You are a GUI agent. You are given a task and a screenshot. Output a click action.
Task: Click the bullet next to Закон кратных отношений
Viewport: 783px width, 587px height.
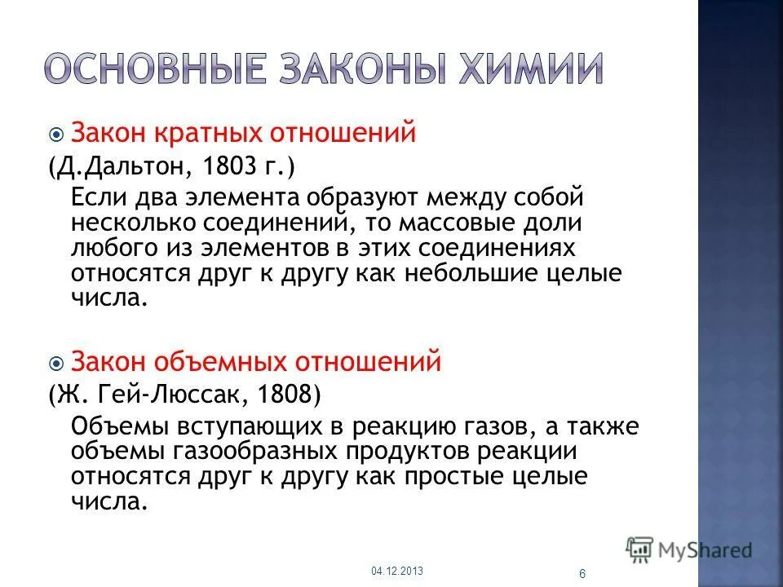coord(57,134)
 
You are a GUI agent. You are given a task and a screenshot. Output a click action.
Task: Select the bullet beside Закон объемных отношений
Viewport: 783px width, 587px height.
coord(57,361)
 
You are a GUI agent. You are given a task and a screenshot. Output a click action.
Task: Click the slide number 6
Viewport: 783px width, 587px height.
coord(582,574)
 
